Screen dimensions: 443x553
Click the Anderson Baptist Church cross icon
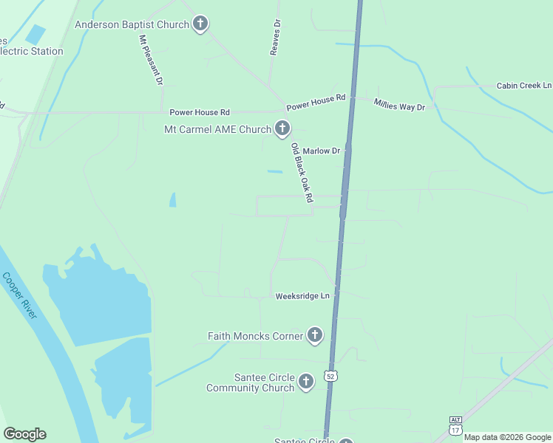pyautogui.click(x=200, y=25)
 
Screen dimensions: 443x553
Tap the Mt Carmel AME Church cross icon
pyautogui.click(x=282, y=129)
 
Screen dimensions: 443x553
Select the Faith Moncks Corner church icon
pyautogui.click(x=315, y=336)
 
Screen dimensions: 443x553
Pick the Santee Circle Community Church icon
pyautogui.click(x=306, y=382)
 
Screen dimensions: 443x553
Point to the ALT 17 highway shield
pyautogui.click(x=455, y=425)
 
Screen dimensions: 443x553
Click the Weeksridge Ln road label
pyautogui.click(x=302, y=296)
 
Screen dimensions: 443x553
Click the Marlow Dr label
pyautogui.click(x=321, y=151)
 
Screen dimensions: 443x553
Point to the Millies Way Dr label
pyautogui.click(x=399, y=105)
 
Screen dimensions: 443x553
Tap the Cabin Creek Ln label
pyautogui.click(x=524, y=86)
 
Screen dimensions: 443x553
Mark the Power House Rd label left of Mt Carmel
pyautogui.click(x=200, y=112)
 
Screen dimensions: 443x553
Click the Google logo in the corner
pyautogui.click(x=24, y=434)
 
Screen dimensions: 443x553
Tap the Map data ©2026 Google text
pyautogui.click(x=507, y=437)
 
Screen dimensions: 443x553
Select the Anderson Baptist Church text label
pyautogui.click(x=132, y=25)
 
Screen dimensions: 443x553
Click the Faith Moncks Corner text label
pyautogui.click(x=255, y=337)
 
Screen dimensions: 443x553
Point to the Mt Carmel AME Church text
pyautogui.click(x=217, y=130)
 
